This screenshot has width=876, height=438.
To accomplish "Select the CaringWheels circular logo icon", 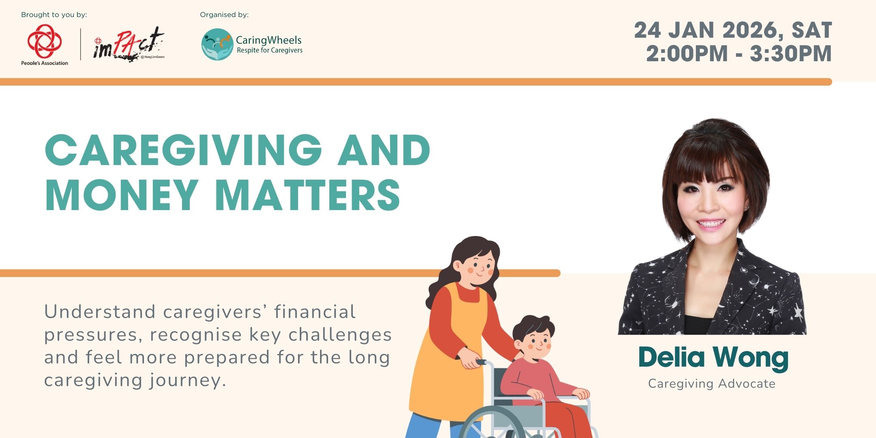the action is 217,44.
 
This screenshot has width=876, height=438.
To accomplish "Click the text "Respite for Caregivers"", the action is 270,50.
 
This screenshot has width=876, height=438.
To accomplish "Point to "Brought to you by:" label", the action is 54,15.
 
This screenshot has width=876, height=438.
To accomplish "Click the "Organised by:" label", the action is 224,15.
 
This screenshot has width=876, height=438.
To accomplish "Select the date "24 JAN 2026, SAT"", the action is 733,30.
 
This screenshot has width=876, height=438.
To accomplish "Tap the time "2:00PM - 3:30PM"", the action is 739,54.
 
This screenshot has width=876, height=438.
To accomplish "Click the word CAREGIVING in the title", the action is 184,150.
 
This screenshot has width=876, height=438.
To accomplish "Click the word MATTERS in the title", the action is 308,195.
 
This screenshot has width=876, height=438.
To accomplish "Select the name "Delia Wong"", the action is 713,358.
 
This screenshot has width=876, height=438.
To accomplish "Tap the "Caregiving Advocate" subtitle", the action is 712,383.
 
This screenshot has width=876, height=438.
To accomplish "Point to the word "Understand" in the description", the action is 100,312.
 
